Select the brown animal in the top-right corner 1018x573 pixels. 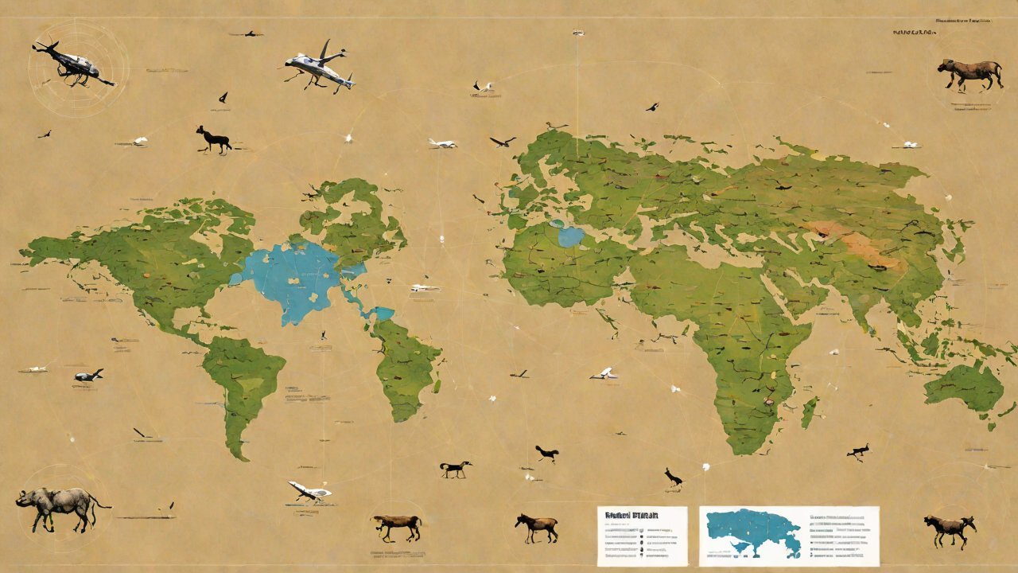(969, 73)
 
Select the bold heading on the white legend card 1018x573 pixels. (631, 516)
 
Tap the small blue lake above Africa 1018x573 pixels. (570, 236)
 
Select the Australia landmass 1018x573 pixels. (965, 388)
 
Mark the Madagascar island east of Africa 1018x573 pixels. (810, 411)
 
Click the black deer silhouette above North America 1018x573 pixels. (213, 138)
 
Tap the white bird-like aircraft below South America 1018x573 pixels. (307, 491)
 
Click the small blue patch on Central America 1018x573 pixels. (381, 313)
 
